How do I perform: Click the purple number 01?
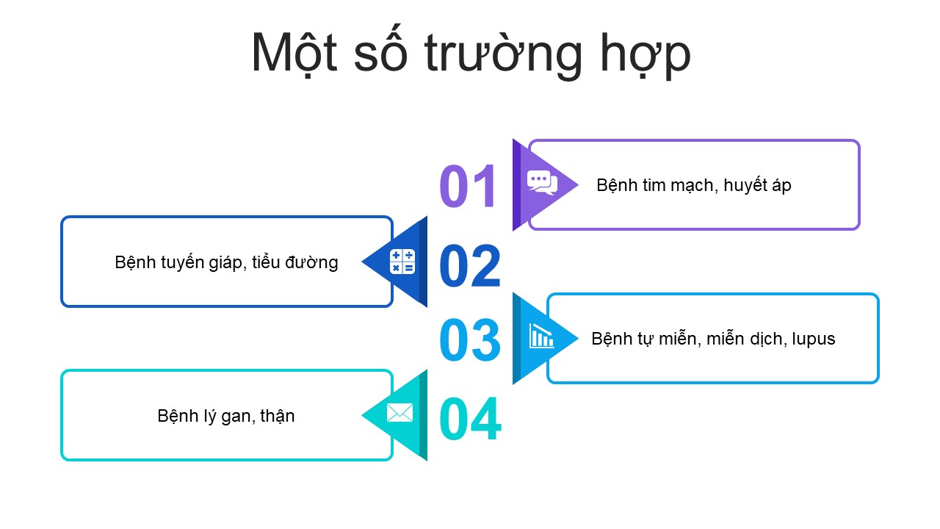(x=468, y=186)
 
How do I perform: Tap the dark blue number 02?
(x=470, y=265)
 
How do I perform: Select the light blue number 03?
(x=470, y=339)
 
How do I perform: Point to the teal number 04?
(x=471, y=419)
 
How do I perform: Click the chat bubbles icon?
(x=542, y=183)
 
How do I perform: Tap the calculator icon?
(x=402, y=262)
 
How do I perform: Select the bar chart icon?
(x=541, y=336)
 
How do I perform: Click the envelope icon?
(x=399, y=413)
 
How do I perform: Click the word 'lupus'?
(x=813, y=339)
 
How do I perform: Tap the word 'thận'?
(x=277, y=416)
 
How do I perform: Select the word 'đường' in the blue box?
(x=311, y=262)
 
